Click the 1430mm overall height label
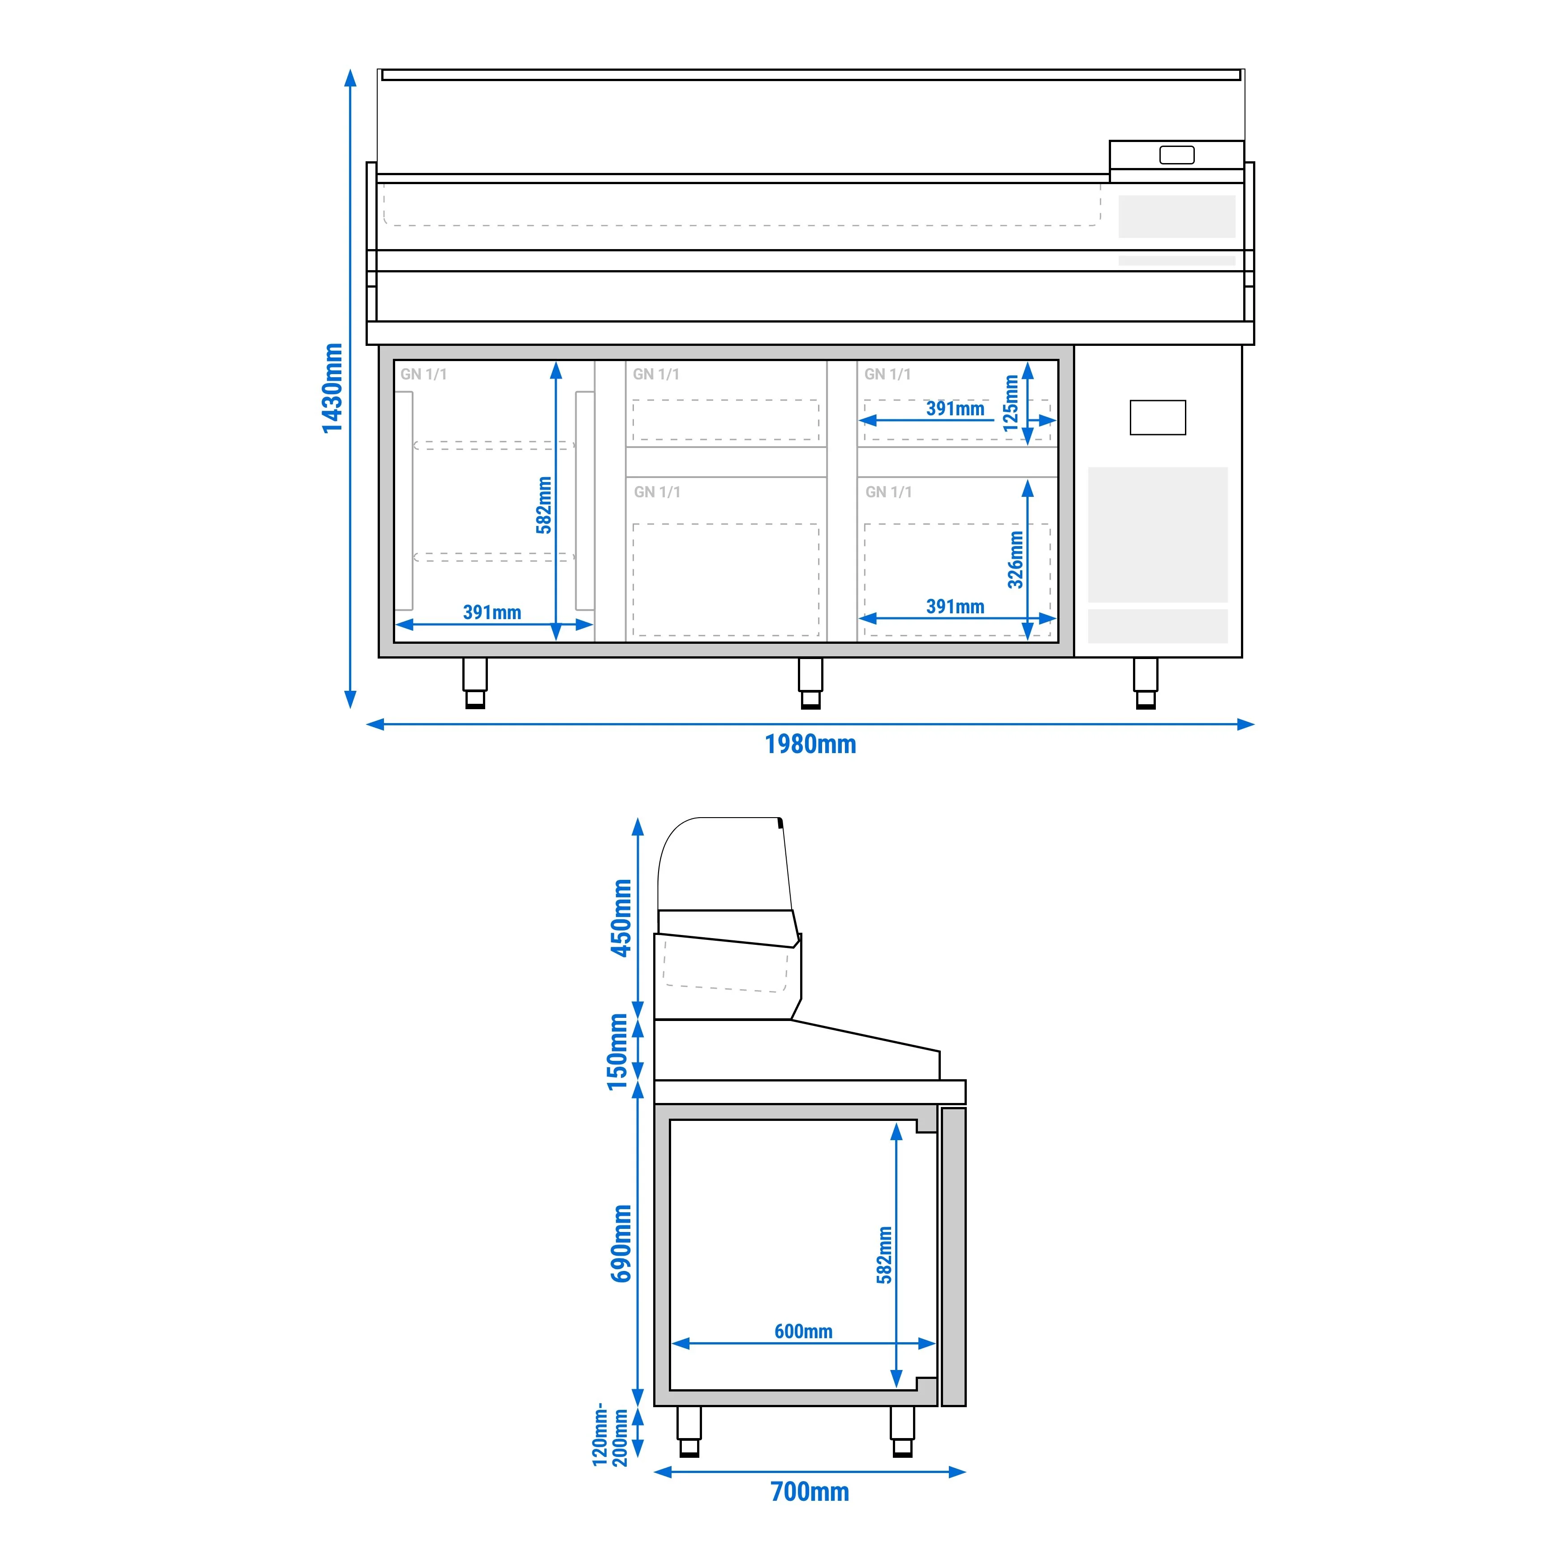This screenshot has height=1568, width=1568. tap(332, 388)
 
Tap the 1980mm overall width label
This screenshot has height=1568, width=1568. tap(810, 744)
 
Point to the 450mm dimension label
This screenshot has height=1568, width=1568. tap(622, 918)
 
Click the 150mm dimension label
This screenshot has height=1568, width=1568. tap(618, 1052)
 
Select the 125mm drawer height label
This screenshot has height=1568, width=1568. tap(1010, 403)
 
